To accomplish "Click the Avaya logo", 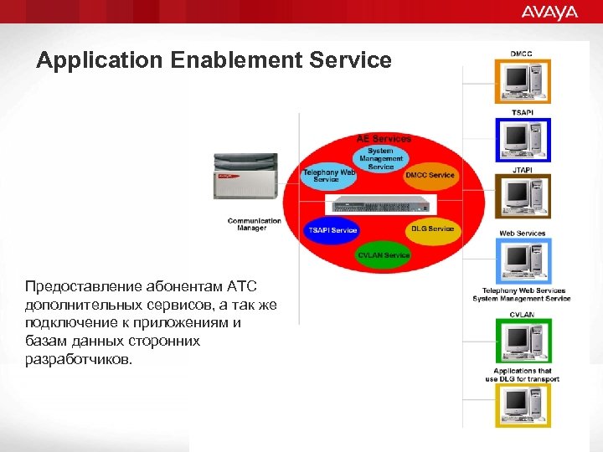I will pyautogui.click(x=549, y=12).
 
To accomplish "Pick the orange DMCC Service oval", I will pyautogui.click(x=430, y=175).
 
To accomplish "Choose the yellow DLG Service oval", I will pyautogui.click(x=432, y=229).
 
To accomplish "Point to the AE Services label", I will pyautogui.click(x=384, y=138).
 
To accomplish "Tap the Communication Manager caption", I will pyautogui.click(x=254, y=223).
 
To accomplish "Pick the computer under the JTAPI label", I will pyautogui.click(x=522, y=198).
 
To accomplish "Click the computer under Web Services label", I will pyautogui.click(x=522, y=260).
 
